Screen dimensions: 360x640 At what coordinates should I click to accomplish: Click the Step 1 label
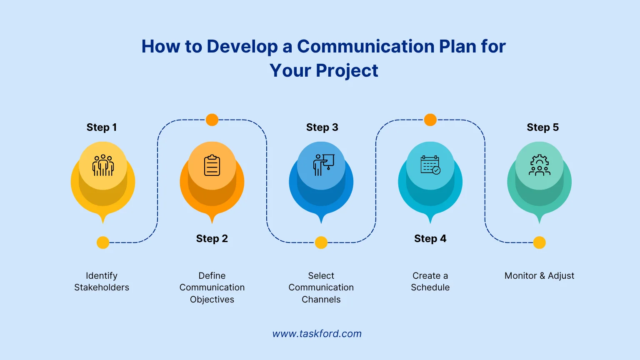102,127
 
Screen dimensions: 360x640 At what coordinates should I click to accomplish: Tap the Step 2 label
212,239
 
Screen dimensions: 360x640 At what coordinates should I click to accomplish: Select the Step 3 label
322,127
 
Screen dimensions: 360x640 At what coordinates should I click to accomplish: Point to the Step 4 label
430,239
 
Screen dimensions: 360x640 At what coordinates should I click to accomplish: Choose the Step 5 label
542,127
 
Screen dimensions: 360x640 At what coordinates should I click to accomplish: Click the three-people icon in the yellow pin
103,165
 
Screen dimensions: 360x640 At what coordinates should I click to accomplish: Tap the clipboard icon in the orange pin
212,165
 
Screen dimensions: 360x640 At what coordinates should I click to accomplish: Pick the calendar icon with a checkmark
430,165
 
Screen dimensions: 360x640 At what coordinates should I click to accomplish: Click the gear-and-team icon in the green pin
540,165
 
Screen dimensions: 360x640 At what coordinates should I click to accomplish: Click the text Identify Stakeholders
102,282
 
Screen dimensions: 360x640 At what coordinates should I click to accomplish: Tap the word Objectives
212,300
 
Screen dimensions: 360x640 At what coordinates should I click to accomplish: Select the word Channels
321,300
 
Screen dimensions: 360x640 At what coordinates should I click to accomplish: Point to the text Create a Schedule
430,282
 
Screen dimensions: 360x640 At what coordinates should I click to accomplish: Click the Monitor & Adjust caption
539,276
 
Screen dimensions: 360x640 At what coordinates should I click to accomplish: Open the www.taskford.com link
317,334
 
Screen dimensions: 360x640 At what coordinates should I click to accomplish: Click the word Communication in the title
359,47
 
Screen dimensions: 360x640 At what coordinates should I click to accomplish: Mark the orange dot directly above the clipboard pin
212,120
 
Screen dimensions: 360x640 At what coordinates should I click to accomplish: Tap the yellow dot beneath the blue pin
321,242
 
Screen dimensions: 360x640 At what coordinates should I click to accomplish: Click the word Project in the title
347,71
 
